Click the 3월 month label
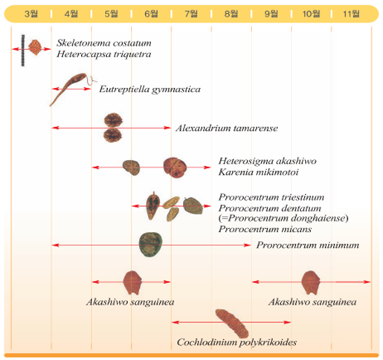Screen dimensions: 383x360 click(x=31, y=13)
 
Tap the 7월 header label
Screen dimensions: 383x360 click(x=191, y=13)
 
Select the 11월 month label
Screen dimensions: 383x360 click(x=351, y=13)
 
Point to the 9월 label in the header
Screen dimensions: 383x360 click(x=271, y=13)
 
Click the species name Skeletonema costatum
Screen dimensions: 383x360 click(x=104, y=43)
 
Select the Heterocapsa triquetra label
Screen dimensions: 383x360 click(x=104, y=54)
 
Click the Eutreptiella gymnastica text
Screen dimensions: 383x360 click(x=150, y=89)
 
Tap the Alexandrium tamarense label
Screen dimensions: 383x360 click(x=227, y=128)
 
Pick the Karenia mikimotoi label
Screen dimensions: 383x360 click(x=259, y=172)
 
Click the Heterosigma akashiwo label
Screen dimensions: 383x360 click(x=268, y=161)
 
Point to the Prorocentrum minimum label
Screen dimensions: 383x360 click(x=308, y=245)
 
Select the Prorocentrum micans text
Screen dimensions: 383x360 click(x=265, y=229)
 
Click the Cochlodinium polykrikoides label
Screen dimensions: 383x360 click(x=236, y=342)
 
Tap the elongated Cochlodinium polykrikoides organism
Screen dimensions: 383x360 click(x=232, y=324)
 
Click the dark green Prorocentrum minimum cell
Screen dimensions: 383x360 click(x=150, y=245)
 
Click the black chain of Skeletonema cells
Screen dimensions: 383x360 click(x=23, y=51)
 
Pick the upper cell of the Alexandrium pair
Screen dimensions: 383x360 click(x=113, y=120)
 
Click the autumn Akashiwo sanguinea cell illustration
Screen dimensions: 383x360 click(x=311, y=283)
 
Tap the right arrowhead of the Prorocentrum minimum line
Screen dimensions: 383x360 click(x=248, y=245)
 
